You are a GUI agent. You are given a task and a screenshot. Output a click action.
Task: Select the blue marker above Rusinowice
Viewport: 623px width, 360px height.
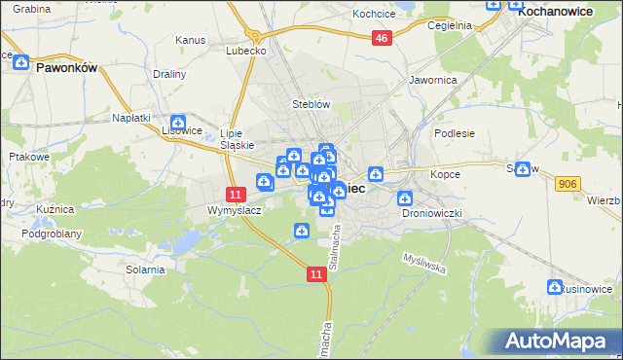[x=555, y=287]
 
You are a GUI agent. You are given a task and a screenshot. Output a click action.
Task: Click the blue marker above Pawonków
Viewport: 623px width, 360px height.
[x=20, y=61]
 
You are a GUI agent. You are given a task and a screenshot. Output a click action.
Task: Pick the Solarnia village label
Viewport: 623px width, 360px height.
[x=145, y=269]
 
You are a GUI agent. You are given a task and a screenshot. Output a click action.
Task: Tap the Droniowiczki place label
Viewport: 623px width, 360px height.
[x=429, y=212]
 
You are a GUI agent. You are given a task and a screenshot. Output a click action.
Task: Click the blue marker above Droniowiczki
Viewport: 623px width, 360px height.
[x=406, y=198]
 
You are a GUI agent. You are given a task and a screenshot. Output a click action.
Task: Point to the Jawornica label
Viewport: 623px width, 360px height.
[x=433, y=80]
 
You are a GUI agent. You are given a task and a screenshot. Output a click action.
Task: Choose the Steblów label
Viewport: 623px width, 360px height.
[x=312, y=103]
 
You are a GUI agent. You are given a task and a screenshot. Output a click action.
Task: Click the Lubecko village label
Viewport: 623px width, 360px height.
[x=245, y=50]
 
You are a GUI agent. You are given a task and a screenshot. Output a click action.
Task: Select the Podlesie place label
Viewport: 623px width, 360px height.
[x=454, y=133]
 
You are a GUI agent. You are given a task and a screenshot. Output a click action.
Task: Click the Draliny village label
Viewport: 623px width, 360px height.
[x=170, y=74]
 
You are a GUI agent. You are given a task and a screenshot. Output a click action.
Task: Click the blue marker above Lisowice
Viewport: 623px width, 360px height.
[x=177, y=122]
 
